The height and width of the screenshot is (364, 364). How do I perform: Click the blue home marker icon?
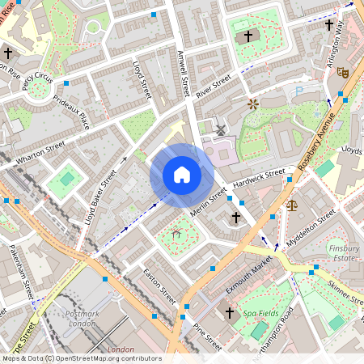[182, 175]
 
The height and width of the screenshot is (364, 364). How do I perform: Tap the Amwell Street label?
[184, 73]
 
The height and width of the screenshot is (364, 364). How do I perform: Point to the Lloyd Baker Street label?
[101, 197]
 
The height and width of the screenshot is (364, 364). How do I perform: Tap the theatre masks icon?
[342, 72]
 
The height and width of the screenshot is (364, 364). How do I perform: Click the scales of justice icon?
[292, 205]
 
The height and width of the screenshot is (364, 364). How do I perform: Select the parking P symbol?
[301, 92]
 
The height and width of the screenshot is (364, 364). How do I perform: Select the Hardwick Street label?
[259, 180]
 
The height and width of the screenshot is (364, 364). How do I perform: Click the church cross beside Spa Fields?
[229, 311]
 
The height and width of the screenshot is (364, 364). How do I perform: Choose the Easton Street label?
[159, 286]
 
